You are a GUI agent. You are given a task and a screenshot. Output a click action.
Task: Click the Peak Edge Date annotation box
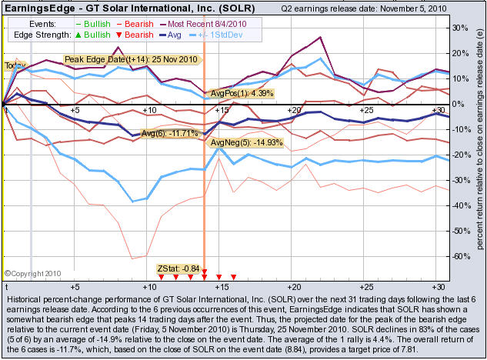click(x=131, y=59)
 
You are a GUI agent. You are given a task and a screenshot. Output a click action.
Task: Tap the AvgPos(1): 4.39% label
click(x=242, y=93)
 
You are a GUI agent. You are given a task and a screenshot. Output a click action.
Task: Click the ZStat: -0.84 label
click(x=178, y=268)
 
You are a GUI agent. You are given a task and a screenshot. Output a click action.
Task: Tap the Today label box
click(x=15, y=66)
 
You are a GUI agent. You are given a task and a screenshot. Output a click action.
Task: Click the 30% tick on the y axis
click(x=462, y=27)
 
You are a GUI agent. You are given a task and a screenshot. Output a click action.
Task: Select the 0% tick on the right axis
click(x=459, y=104)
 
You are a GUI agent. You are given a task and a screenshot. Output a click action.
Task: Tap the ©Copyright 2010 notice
click(x=32, y=272)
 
